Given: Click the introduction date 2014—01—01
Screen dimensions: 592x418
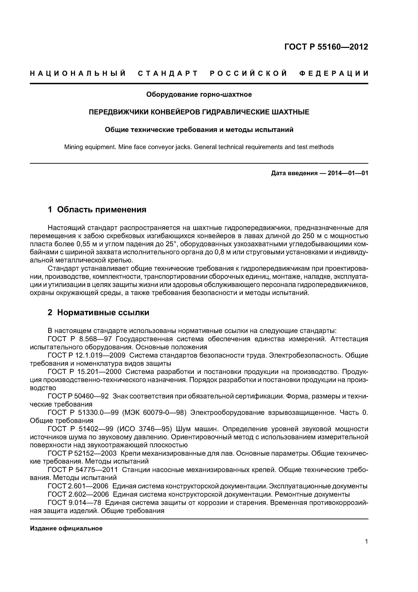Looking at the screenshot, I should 348,173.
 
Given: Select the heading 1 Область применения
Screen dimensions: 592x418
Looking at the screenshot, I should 97,210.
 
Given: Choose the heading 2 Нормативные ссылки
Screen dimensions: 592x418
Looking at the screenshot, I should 98,313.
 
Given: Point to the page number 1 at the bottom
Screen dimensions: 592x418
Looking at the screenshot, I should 366,542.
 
